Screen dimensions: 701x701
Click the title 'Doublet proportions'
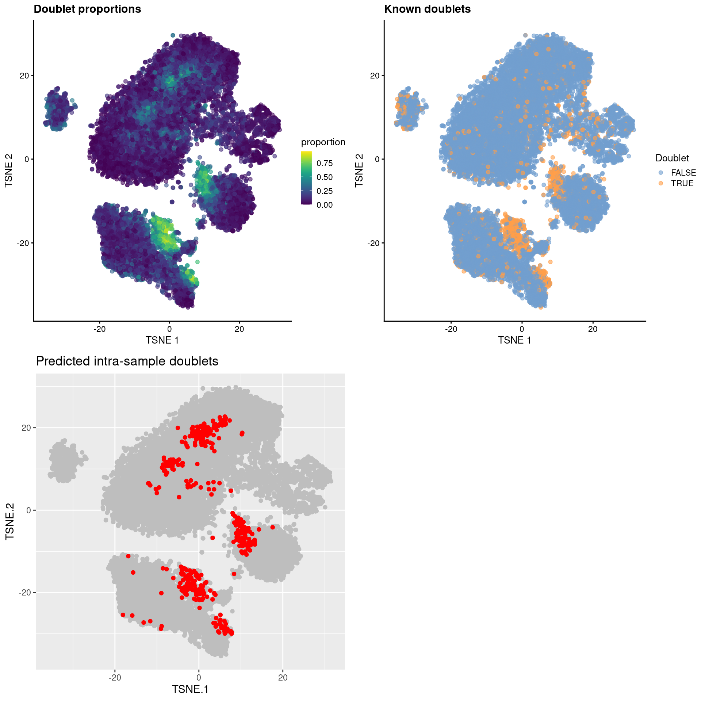click(87, 9)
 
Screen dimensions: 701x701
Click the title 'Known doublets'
click(427, 9)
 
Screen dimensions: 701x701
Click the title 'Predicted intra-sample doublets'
click(127, 361)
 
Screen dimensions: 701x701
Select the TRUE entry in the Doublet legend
click(682, 183)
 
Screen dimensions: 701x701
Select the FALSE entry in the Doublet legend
click(683, 173)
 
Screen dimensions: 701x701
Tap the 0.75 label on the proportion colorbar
click(325, 163)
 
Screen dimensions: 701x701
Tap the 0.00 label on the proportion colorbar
click(325, 205)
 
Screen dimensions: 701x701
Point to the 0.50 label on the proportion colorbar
click(325, 177)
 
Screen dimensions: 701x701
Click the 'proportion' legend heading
click(323, 142)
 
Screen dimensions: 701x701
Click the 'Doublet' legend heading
click(672, 158)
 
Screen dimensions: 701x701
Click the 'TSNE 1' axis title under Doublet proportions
click(162, 340)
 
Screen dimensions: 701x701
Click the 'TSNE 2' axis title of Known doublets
click(359, 171)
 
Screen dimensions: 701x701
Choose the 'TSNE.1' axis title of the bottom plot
click(190, 689)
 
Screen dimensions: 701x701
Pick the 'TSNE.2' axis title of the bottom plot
click(10, 521)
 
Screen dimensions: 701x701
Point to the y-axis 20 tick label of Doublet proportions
click(24, 76)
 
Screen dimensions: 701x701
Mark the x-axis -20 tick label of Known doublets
click(451, 329)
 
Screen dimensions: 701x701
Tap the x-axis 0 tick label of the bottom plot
click(199, 678)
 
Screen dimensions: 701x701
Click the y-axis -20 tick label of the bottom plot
click(25, 592)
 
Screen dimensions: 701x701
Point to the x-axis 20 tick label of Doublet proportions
click(239, 329)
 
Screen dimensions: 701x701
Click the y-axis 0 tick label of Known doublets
click(377, 159)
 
